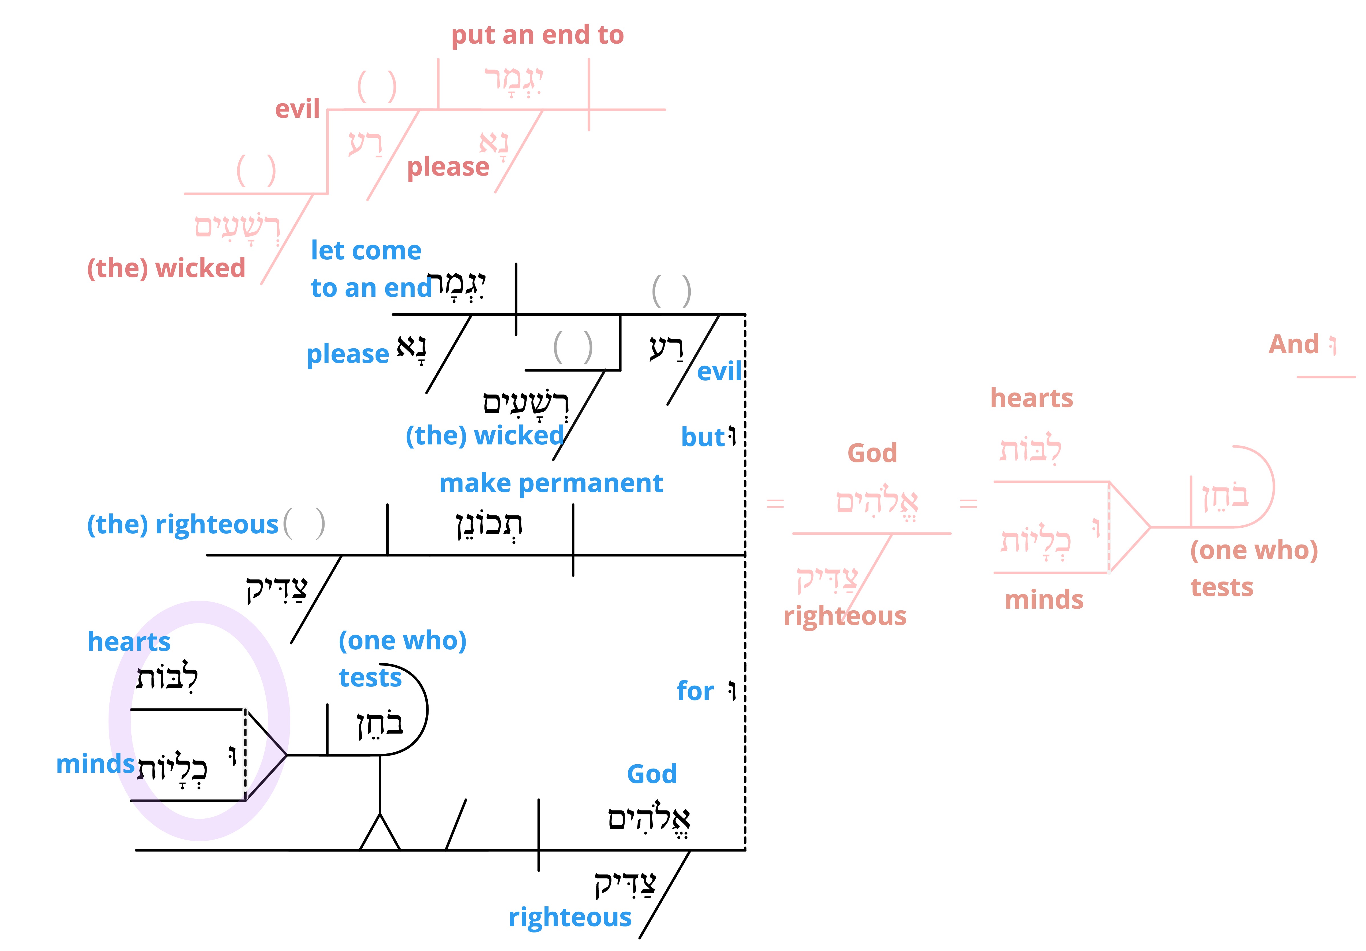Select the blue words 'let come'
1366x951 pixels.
click(366, 251)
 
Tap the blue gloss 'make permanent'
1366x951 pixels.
click(551, 483)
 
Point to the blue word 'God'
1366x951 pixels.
click(652, 774)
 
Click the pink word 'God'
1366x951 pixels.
click(872, 453)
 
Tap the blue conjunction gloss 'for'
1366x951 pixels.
click(695, 691)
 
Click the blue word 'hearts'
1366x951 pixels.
click(129, 641)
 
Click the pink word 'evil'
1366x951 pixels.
click(297, 109)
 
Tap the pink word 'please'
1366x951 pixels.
click(448, 167)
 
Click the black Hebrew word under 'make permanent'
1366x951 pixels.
click(489, 525)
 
